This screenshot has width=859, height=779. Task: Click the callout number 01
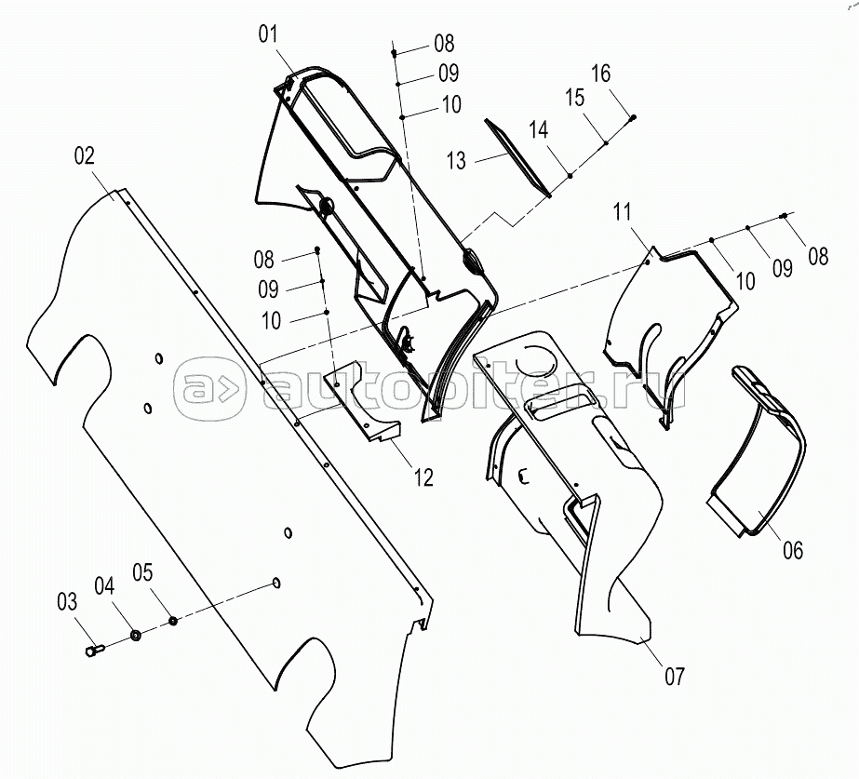(x=268, y=34)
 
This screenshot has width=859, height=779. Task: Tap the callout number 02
(x=85, y=155)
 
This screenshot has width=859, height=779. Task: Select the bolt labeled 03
(x=95, y=651)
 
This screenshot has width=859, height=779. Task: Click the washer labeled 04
(x=135, y=636)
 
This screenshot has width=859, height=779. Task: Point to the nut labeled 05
(x=172, y=621)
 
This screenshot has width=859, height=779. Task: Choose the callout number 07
(x=675, y=677)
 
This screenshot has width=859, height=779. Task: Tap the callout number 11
(x=622, y=211)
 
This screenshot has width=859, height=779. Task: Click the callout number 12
(x=423, y=477)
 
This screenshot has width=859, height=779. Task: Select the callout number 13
(x=456, y=160)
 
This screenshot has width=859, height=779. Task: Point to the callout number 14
(x=538, y=130)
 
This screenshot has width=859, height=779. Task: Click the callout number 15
(x=574, y=98)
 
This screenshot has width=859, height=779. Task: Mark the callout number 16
(x=600, y=73)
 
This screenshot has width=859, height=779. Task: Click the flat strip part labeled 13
(x=517, y=157)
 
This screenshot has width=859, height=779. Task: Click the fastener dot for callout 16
(x=633, y=116)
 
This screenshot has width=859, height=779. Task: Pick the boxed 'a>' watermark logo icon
(x=209, y=389)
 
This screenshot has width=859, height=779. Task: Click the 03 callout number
(x=67, y=602)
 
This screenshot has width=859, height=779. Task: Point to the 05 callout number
(x=142, y=572)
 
